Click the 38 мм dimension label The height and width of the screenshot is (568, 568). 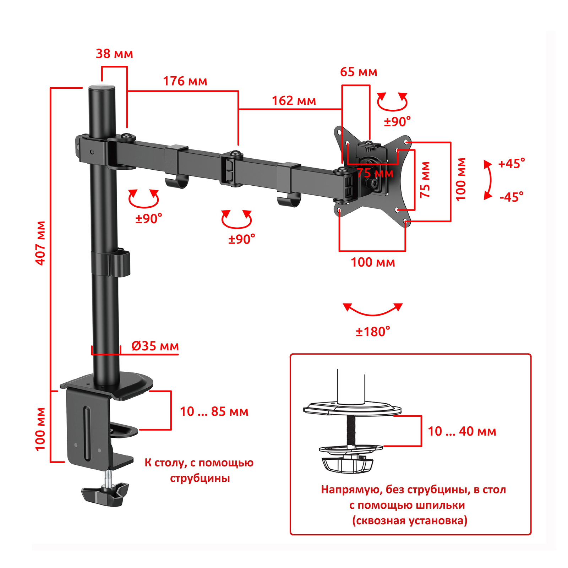point(114,54)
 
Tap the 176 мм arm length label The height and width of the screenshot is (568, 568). point(185,81)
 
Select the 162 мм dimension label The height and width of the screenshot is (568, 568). point(294,101)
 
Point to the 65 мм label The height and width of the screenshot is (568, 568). point(359,72)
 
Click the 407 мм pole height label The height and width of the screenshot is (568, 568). point(41,243)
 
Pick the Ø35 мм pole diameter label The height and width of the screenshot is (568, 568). point(155,346)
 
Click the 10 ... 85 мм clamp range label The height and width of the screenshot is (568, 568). point(214,411)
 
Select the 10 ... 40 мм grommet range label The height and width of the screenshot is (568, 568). point(462,431)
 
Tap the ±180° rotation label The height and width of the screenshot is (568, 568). point(373,332)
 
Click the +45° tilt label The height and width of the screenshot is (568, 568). point(512,164)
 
